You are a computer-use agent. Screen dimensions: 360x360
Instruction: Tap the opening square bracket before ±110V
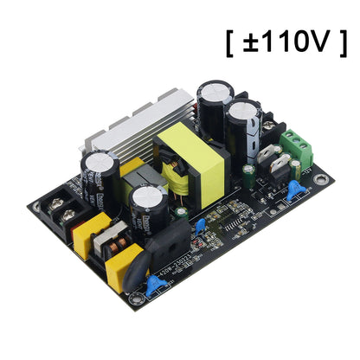(x=230, y=41)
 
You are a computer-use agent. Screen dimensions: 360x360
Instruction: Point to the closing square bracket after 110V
(x=343, y=41)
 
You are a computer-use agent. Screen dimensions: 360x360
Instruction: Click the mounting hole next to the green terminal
(x=322, y=181)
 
